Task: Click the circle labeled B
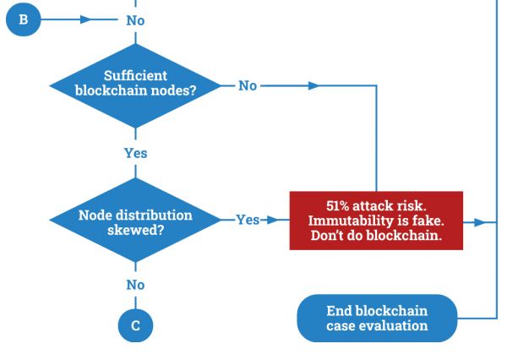pyautogui.click(x=24, y=19)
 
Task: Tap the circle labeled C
pyautogui.click(x=135, y=325)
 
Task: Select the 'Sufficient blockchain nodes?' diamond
pyautogui.click(x=135, y=85)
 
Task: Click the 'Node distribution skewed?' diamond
pyautogui.click(x=135, y=220)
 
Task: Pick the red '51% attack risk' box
pyautogui.click(x=376, y=221)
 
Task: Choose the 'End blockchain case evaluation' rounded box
pyautogui.click(x=377, y=319)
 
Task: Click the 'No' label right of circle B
pyautogui.click(x=135, y=20)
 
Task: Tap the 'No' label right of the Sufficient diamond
pyautogui.click(x=248, y=85)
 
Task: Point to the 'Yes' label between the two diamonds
pyautogui.click(x=135, y=153)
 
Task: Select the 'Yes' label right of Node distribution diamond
pyautogui.click(x=248, y=220)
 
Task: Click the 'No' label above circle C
pyautogui.click(x=135, y=285)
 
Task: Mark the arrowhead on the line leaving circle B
pyautogui.click(x=85, y=19)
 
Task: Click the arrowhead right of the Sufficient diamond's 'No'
pyautogui.click(x=313, y=85)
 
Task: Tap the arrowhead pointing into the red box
pyautogui.click(x=272, y=220)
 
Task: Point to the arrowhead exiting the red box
pyautogui.click(x=480, y=222)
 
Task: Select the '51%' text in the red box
pyautogui.click(x=337, y=205)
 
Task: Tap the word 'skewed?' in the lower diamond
pyautogui.click(x=136, y=230)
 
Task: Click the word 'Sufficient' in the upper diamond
pyautogui.click(x=135, y=76)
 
